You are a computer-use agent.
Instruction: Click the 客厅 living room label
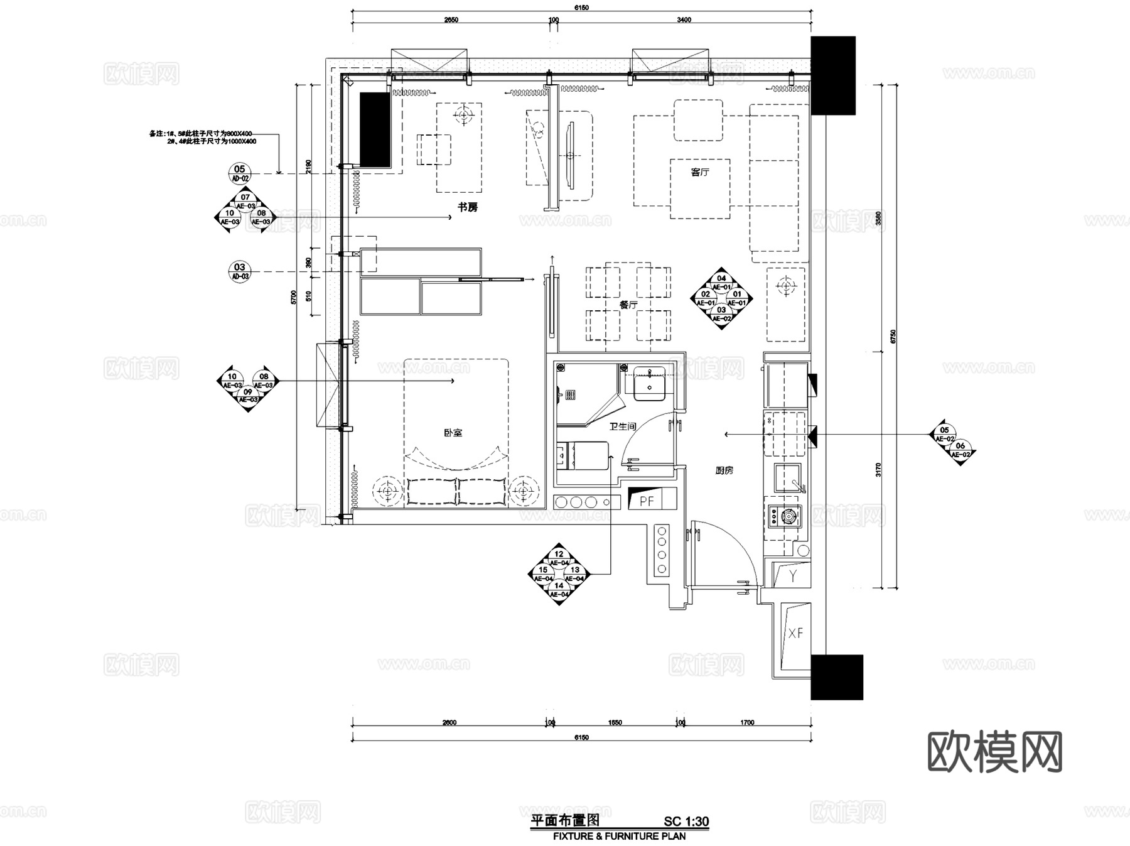pos(700,171)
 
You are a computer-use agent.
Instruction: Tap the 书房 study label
pos(467,207)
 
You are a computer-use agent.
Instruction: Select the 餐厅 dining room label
pos(628,305)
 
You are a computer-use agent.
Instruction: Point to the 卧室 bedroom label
pos(453,433)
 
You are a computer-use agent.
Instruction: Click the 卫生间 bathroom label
pos(623,426)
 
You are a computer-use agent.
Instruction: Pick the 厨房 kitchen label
pos(724,470)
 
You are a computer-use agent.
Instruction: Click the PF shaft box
pos(647,501)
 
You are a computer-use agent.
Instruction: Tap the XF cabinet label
pos(795,633)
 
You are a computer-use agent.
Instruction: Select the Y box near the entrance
pos(793,576)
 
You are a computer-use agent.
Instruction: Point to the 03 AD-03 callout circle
pos(240,271)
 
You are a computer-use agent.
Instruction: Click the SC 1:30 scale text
pos(686,822)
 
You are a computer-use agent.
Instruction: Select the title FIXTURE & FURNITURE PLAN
pos(619,837)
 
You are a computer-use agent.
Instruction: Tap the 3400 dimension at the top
pos(684,20)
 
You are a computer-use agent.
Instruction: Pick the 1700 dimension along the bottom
pos(746,723)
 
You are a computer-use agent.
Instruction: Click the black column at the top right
pos(832,75)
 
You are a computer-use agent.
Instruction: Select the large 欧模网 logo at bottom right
pos(994,752)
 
